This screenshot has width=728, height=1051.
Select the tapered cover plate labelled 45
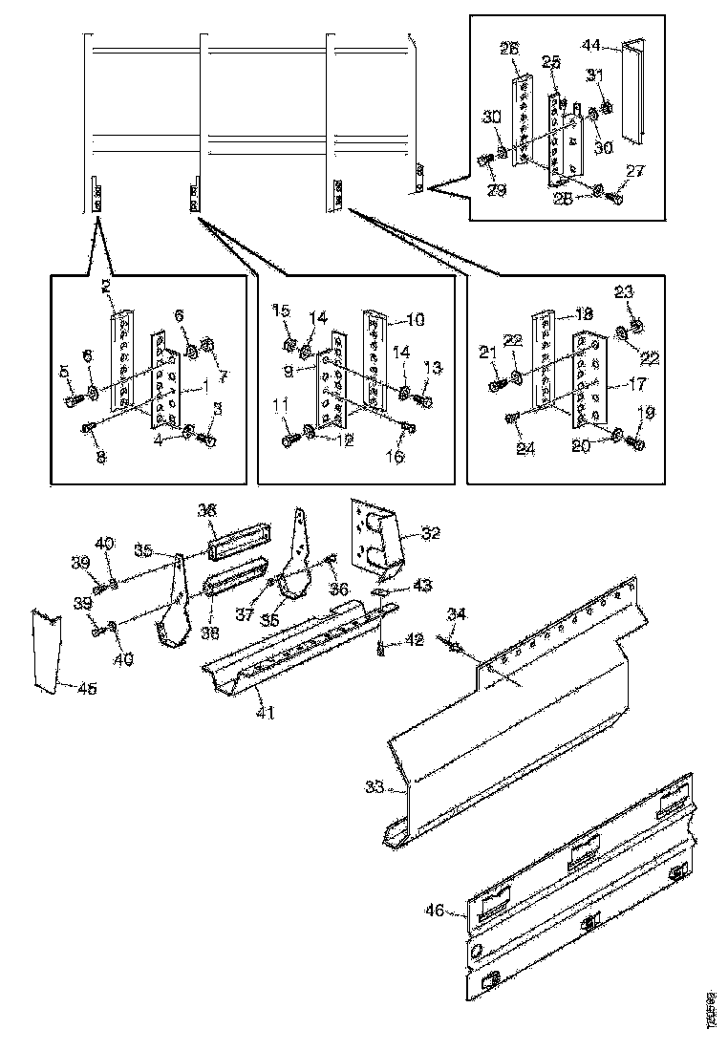[x=45, y=649]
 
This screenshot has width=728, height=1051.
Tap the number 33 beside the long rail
[x=375, y=787]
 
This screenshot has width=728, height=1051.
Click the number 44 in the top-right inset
[x=592, y=45]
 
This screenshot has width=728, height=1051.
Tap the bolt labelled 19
[x=638, y=442]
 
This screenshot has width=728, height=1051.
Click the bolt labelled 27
[x=612, y=199]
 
